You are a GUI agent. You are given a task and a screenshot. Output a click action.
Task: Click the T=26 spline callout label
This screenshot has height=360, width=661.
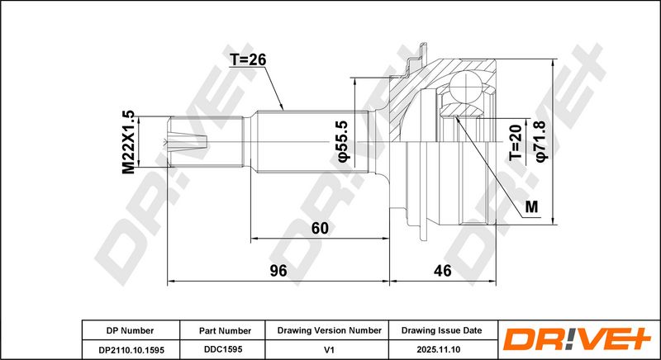coord(248,60)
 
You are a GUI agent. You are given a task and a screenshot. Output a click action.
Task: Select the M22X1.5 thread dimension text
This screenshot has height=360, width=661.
coord(129,142)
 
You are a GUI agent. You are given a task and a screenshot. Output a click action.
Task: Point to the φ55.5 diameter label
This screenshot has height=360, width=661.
coord(344,141)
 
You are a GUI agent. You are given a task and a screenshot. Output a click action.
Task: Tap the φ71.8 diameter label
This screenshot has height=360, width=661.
coord(542,140)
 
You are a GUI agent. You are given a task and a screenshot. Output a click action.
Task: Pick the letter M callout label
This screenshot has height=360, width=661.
coord(532,206)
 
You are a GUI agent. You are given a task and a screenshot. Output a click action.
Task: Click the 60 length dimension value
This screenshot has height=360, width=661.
coord(320,228)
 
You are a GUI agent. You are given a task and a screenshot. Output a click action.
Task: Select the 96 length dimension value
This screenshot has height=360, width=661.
coord(278,270)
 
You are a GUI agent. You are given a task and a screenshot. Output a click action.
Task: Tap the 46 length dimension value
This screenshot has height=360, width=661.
coord(443,270)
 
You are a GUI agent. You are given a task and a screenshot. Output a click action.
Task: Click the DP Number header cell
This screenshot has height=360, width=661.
coord(131,330)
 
